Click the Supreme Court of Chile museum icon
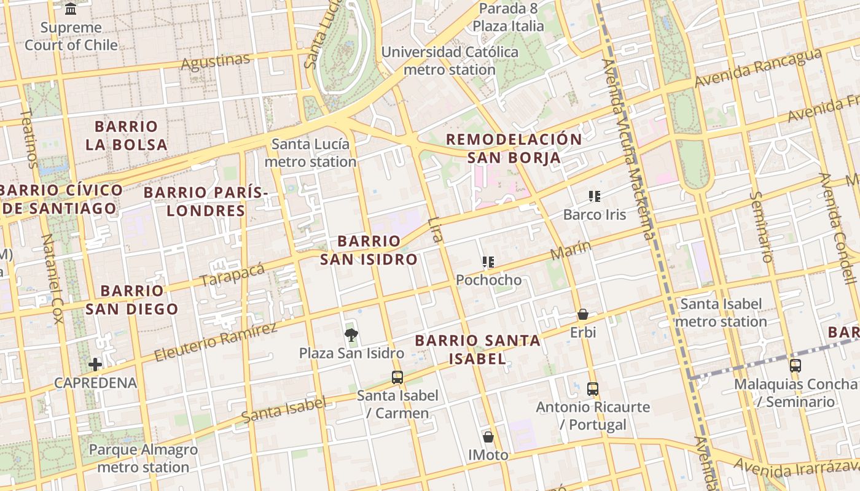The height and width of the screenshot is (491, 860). (x=71, y=9)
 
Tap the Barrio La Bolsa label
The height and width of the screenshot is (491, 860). (x=127, y=136)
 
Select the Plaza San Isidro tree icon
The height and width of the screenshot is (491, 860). (x=351, y=334)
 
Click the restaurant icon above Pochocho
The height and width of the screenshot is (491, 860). (x=488, y=262)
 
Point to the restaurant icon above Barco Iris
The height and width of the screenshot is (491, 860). (x=594, y=196)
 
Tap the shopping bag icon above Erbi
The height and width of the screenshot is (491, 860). (x=582, y=314)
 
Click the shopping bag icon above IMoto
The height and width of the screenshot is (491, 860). (x=488, y=437)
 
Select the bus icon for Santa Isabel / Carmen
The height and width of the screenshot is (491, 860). (x=397, y=377)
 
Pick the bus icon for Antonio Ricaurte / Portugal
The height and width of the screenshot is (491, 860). (x=592, y=389)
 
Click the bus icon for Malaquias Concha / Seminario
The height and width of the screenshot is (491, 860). (x=795, y=366)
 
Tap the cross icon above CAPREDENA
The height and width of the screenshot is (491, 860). (x=95, y=365)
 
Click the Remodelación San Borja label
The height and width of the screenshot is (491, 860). (x=514, y=148)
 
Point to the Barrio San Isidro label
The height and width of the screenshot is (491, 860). (x=369, y=250)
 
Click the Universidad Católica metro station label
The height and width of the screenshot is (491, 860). (x=450, y=61)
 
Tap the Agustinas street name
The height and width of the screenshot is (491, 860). (x=216, y=62)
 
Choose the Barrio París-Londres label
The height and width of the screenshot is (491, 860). (x=206, y=201)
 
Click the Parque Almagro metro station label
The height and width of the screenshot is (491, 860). (x=143, y=458)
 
